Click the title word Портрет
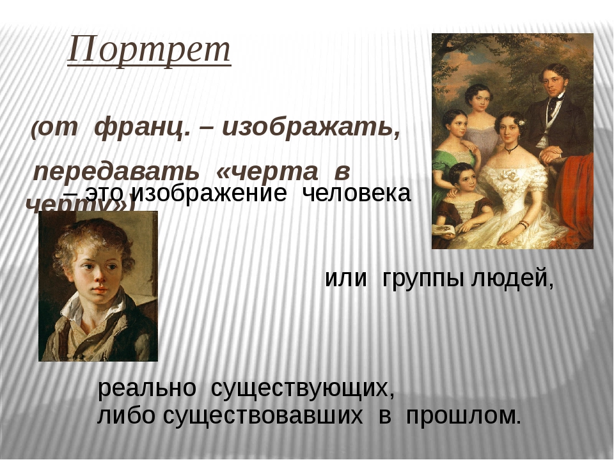pos(149,50)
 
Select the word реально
pos(147,388)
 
